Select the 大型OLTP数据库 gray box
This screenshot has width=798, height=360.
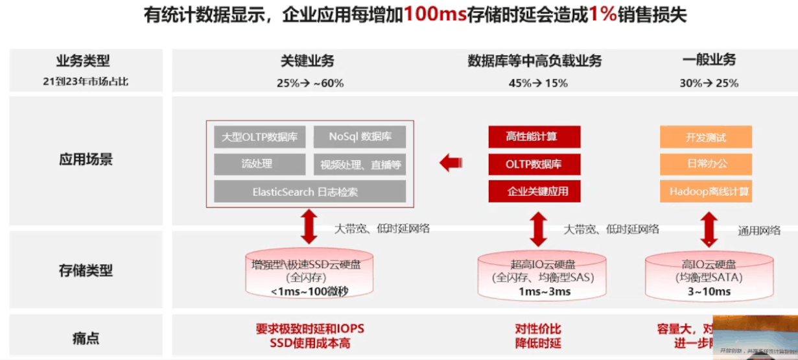[x=259, y=138]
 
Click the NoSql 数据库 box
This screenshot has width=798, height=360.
[x=360, y=137]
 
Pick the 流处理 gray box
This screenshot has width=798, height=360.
[x=259, y=164]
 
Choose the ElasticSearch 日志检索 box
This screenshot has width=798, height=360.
[x=310, y=192]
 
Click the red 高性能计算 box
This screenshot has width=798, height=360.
[x=534, y=137]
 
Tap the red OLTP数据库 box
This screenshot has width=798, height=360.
[x=534, y=164]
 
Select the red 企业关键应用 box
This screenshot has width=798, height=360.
[x=534, y=191]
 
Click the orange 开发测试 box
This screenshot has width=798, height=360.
[x=706, y=138]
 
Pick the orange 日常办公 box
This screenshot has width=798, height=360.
[x=706, y=164]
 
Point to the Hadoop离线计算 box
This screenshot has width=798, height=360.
[x=706, y=191]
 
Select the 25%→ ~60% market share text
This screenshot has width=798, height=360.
[x=310, y=83]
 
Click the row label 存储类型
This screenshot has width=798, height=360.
[x=86, y=270]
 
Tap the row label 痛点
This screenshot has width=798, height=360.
[x=86, y=337]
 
